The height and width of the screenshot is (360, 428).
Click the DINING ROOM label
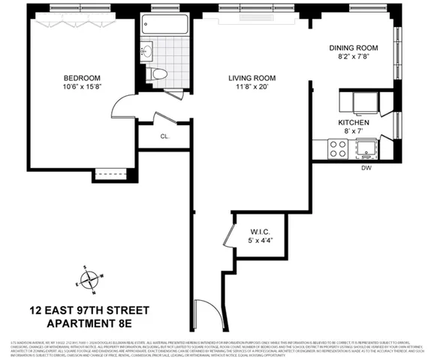click(x=353, y=48)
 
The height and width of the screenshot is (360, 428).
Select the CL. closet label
click(x=164, y=137)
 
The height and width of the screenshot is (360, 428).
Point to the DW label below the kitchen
click(x=367, y=168)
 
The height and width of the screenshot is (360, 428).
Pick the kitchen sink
click(x=369, y=149)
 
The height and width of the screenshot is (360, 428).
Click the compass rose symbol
click(x=90, y=279)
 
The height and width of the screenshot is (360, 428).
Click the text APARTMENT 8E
click(x=89, y=325)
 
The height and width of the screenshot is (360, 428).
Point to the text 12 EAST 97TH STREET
click(x=89, y=310)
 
